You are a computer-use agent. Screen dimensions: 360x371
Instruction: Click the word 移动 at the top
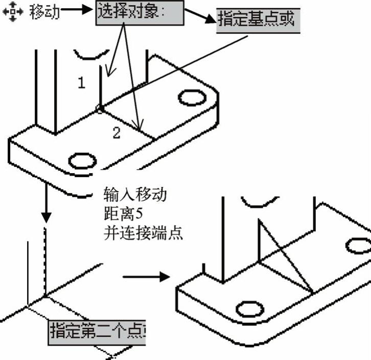44,12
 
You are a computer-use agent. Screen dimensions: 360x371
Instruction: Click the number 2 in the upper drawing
117,133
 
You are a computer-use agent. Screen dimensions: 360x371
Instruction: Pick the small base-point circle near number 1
100,108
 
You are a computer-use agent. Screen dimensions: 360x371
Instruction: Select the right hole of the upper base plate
190,97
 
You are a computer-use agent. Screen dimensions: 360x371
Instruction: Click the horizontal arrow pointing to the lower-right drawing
146,277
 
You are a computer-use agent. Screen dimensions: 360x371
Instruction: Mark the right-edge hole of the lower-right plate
359,246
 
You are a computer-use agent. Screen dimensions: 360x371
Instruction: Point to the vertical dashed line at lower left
45,260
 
